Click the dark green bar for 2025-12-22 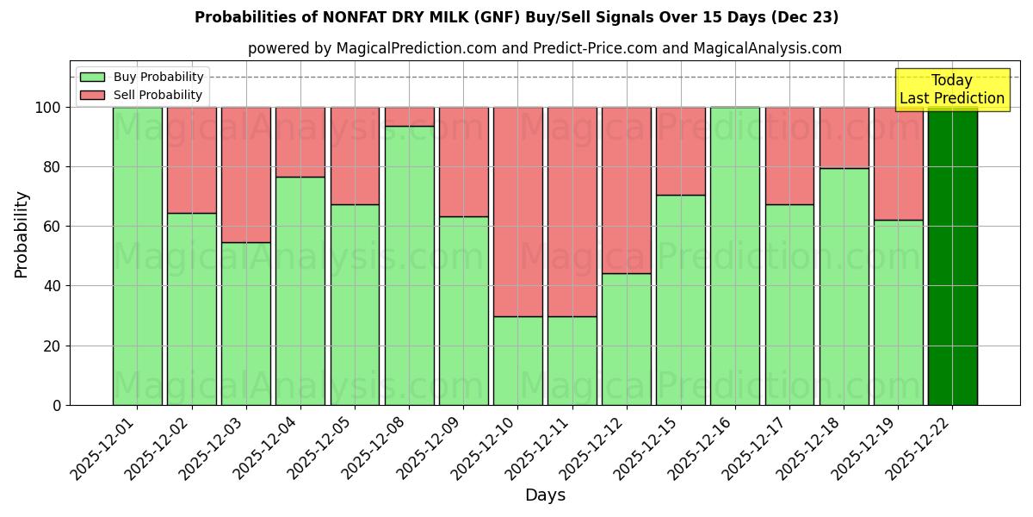pos(952,256)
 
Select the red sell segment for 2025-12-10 pos(517,212)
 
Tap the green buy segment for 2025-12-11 pos(572,360)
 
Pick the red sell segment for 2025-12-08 pos(409,116)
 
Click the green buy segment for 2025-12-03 pos(245,323)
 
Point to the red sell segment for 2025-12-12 pos(626,190)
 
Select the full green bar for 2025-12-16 pos(735,256)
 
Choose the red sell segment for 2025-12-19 pos(898,164)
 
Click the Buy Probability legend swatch pos(92,77)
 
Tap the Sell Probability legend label pos(158,95)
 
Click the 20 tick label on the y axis pos(53,346)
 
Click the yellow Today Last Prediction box pos(952,90)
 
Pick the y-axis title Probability pos(22,234)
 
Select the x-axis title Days pos(545,495)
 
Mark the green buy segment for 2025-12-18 pos(844,286)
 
